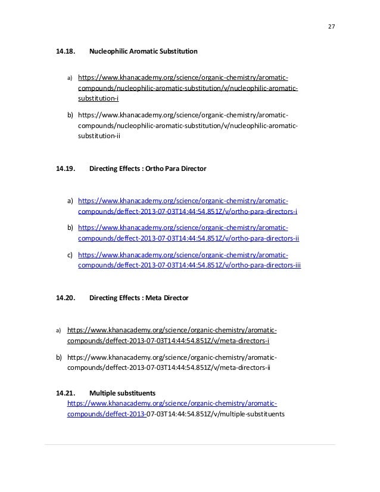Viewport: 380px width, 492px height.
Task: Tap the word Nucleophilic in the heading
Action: pos(108,52)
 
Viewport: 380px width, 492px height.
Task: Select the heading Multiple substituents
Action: pos(122,393)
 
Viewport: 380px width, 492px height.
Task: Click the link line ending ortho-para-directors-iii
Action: pos(189,266)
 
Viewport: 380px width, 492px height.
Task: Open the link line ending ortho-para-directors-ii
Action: pos(188,239)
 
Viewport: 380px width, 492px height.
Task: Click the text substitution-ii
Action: pos(99,136)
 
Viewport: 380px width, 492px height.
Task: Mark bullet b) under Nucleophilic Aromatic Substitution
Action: pos(70,115)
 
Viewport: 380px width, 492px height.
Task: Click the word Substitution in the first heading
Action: pos(179,52)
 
